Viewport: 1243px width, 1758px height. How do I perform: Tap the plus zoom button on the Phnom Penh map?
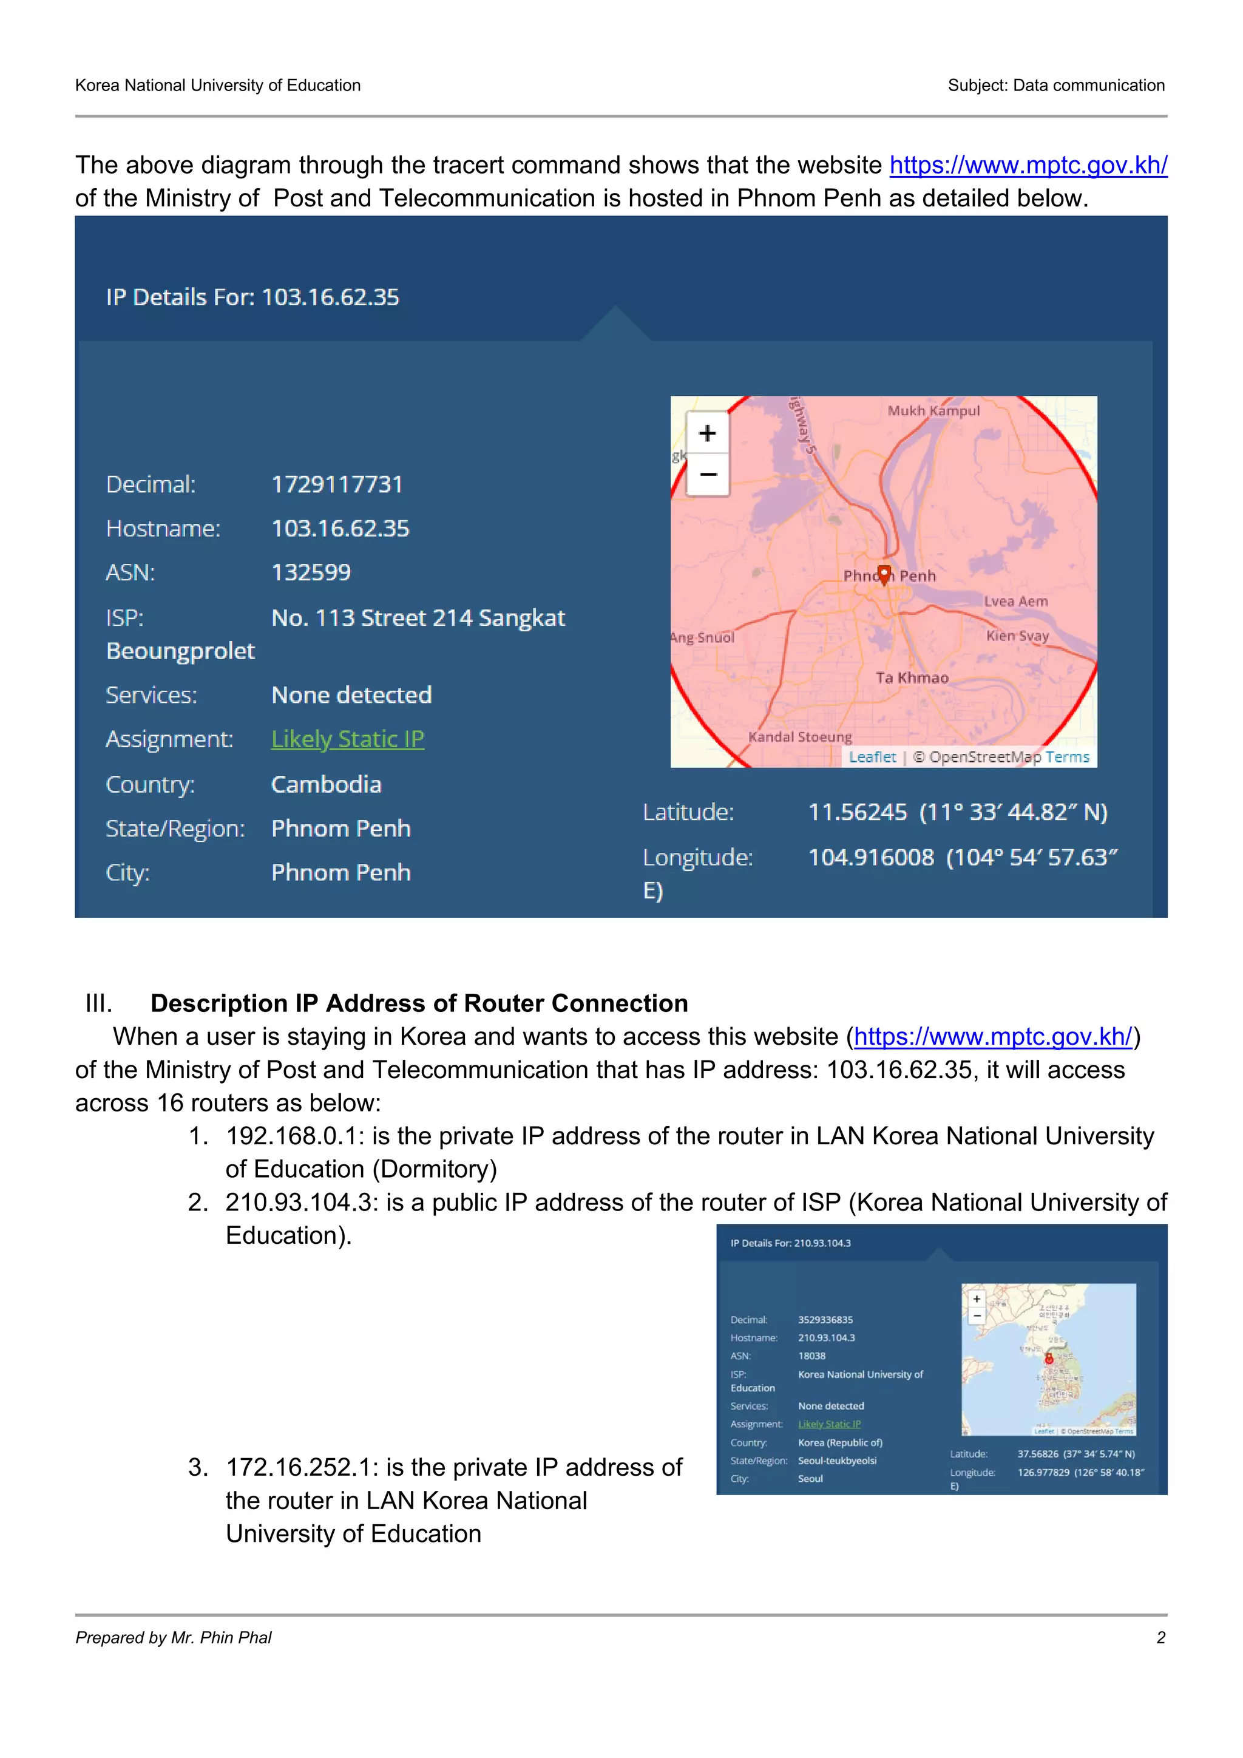coord(707,433)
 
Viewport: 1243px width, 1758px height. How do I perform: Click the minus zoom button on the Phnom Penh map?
coord(707,475)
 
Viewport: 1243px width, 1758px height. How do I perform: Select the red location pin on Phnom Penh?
coord(884,574)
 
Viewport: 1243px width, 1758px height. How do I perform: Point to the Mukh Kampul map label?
coord(933,411)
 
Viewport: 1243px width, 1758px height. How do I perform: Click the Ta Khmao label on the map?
coord(912,677)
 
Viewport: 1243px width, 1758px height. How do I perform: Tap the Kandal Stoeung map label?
coord(800,736)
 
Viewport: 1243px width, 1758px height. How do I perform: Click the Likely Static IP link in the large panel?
coord(348,739)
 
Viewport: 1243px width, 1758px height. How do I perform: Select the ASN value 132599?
coord(311,572)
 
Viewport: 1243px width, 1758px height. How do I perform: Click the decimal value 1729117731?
coord(337,484)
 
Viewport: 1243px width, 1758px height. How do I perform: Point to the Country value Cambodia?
coord(326,785)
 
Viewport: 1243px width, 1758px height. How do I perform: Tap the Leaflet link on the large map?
coord(872,757)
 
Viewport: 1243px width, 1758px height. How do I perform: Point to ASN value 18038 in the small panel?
coord(811,1356)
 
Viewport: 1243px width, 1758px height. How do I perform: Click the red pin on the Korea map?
coord(1049,1359)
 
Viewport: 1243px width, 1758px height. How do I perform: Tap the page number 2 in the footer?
coord(1160,1638)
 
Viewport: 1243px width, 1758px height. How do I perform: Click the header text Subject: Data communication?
coord(1055,86)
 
